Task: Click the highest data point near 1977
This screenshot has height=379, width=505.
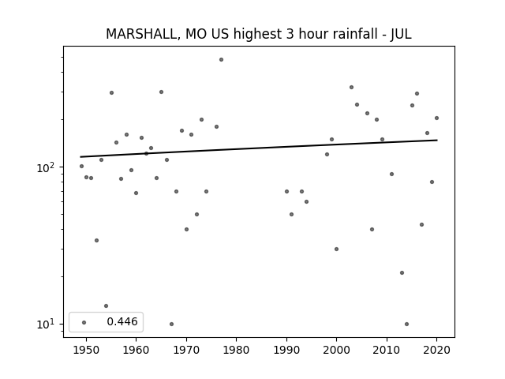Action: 221,60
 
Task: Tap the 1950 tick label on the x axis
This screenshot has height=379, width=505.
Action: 86,350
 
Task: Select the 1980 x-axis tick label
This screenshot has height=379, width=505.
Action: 237,350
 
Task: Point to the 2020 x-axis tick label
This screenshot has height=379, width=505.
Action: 436,350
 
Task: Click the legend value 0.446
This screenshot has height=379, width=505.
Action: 122,321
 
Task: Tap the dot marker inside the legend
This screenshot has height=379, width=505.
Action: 84,322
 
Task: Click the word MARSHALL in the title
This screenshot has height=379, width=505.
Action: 141,34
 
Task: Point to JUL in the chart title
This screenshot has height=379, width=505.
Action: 401,34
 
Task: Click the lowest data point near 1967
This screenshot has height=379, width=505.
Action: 171,325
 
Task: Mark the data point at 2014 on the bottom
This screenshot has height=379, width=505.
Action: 407,325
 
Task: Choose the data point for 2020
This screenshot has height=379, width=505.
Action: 436,118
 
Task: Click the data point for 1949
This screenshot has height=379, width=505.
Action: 81,167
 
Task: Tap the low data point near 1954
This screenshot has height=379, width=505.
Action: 107,306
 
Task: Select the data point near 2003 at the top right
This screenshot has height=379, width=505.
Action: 351,88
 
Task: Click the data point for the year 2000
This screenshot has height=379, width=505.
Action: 337,250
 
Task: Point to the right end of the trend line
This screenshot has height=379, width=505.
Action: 437,140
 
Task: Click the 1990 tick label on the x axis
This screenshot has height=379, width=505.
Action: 286,350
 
